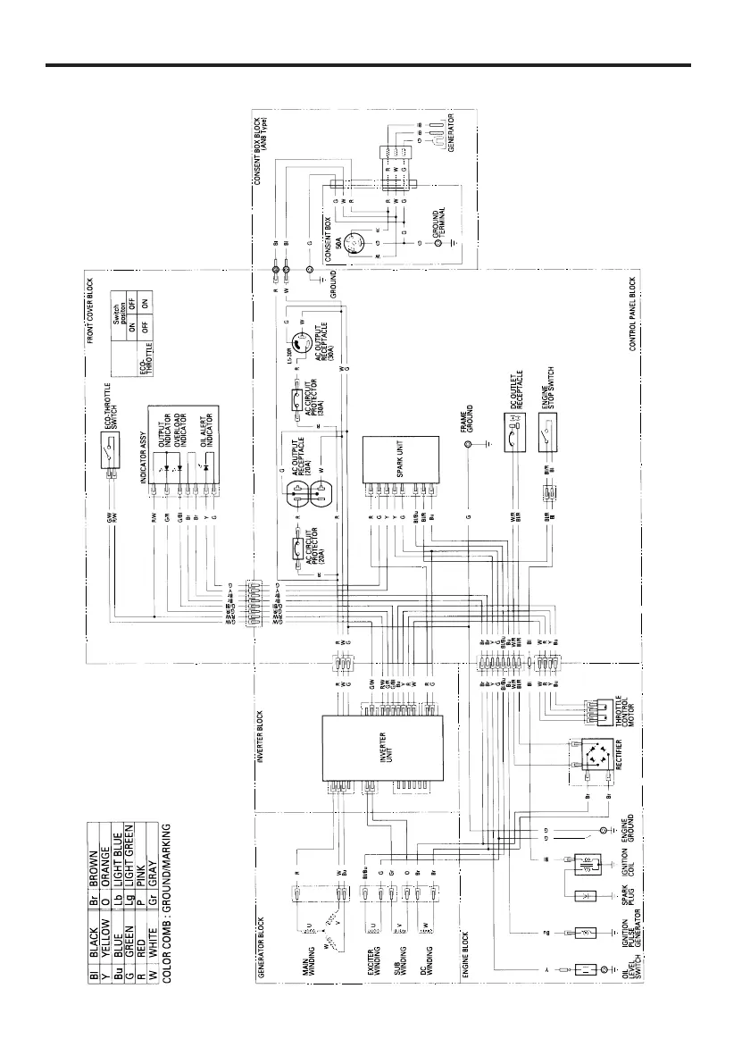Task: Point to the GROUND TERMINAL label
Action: click(x=438, y=223)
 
